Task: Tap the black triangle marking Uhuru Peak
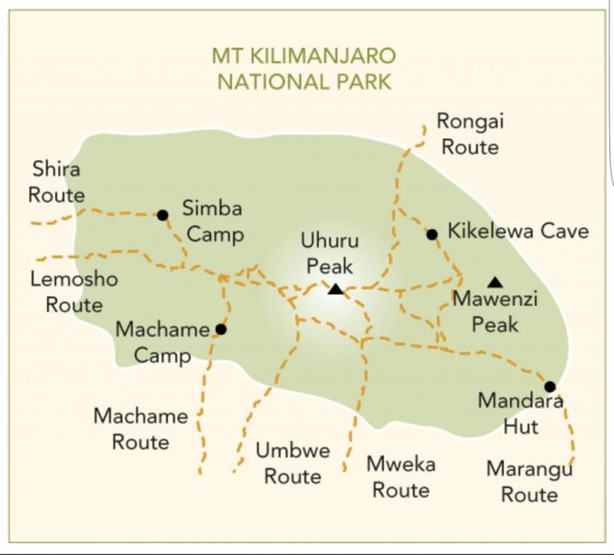tap(336, 289)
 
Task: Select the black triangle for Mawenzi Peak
tap(496, 282)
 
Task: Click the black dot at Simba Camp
tap(162, 215)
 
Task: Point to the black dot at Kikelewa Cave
tap(432, 234)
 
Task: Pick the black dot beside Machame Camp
tap(221, 329)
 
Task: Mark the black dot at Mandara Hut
tap(549, 387)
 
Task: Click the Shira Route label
tap(57, 182)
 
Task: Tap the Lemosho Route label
tap(74, 291)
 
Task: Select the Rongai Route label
tap(470, 134)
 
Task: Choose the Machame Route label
tap(141, 429)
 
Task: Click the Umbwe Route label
tap(293, 463)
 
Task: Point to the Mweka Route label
tap(401, 477)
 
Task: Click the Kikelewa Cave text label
tap(518, 232)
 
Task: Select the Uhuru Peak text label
tap(329, 253)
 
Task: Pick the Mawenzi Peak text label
tap(495, 311)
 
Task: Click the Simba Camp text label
tap(212, 222)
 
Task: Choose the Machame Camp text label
tap(162, 341)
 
